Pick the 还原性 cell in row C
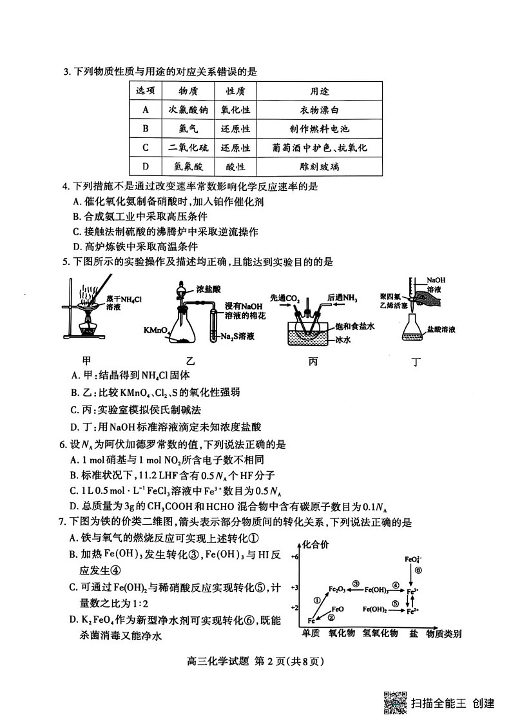[235, 148]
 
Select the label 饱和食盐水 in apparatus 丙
[351, 326]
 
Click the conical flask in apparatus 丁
[414, 330]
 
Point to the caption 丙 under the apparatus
[313, 361]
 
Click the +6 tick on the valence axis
[294, 556]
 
